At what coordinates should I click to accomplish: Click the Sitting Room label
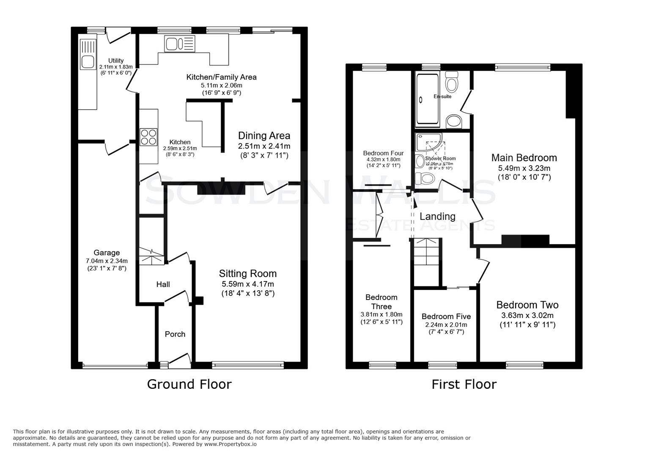[x=247, y=273]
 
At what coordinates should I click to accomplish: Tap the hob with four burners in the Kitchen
[x=148, y=137]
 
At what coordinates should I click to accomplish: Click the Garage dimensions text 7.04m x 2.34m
[x=107, y=261]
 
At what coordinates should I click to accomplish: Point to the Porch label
[x=175, y=334]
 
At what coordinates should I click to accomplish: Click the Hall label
[x=163, y=284]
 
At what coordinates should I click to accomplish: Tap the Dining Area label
[x=264, y=136]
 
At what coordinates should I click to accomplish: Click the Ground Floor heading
[x=189, y=384]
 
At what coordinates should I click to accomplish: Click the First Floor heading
[x=464, y=384]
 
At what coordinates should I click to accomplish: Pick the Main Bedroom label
[x=524, y=158]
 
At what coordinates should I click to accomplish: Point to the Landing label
[x=437, y=216]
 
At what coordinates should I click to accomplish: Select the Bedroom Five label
[x=446, y=317]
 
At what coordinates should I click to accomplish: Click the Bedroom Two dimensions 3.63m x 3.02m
[x=527, y=315]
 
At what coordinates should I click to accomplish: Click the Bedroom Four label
[x=383, y=153]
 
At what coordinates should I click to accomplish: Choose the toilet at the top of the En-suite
[x=452, y=82]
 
